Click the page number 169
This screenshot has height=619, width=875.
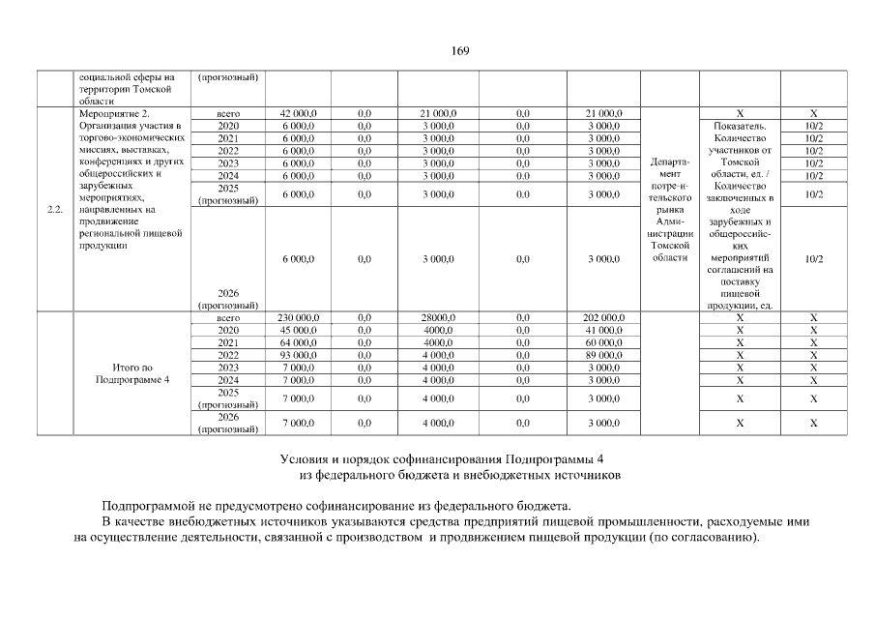[x=459, y=51]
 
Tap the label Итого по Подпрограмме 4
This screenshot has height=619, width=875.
[x=132, y=372]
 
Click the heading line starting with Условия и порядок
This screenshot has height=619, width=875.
[x=448, y=457]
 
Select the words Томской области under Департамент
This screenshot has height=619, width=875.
[x=669, y=251]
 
